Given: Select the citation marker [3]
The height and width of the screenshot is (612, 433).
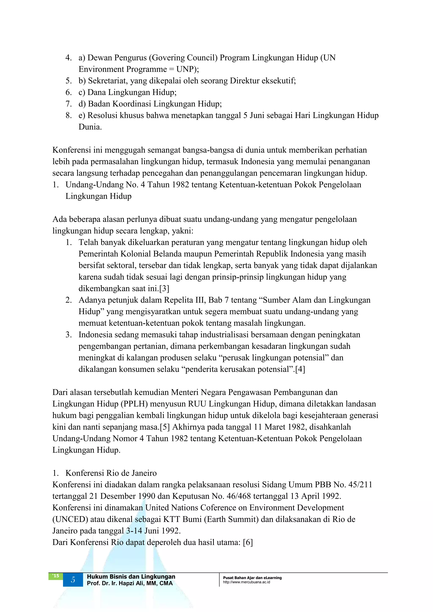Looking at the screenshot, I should point(164,288).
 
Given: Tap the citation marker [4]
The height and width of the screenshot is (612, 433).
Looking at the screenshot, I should point(300,369).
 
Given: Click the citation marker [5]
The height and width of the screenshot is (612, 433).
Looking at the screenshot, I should point(165,427).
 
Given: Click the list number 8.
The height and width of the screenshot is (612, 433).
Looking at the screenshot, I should point(69,115).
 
